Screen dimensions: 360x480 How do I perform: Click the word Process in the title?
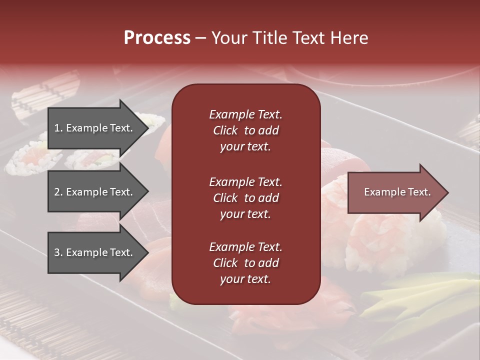pyautogui.click(x=157, y=37)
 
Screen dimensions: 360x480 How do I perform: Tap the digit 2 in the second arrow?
pyautogui.click(x=57, y=192)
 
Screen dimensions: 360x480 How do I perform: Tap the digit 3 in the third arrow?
pyautogui.click(x=57, y=252)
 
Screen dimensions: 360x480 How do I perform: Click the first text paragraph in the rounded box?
pyautogui.click(x=245, y=130)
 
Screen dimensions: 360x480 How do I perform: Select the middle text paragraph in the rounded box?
pyautogui.click(x=245, y=198)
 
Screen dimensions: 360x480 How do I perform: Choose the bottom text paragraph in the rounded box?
pyautogui.click(x=245, y=263)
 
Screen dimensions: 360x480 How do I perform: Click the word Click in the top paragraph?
pyautogui.click(x=225, y=130)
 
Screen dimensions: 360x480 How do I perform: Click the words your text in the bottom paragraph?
pyautogui.click(x=245, y=279)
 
